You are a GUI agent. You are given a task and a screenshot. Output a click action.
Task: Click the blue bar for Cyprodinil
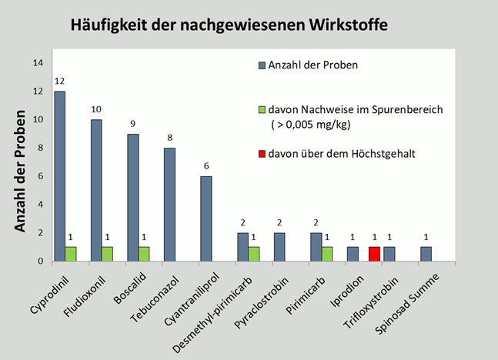pyautogui.click(x=60, y=176)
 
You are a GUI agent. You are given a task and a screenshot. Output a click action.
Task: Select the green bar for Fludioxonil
pyautogui.click(x=109, y=254)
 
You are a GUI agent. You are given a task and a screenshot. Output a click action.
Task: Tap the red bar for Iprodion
pyautogui.click(x=375, y=254)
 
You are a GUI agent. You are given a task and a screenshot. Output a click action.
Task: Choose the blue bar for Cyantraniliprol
pyautogui.click(x=206, y=218)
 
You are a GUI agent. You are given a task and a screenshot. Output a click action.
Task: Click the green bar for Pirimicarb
pyautogui.click(x=326, y=254)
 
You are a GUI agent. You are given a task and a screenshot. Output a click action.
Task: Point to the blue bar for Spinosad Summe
pyautogui.click(x=426, y=254)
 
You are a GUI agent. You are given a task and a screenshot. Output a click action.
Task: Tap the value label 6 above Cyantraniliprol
pyautogui.click(x=206, y=167)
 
